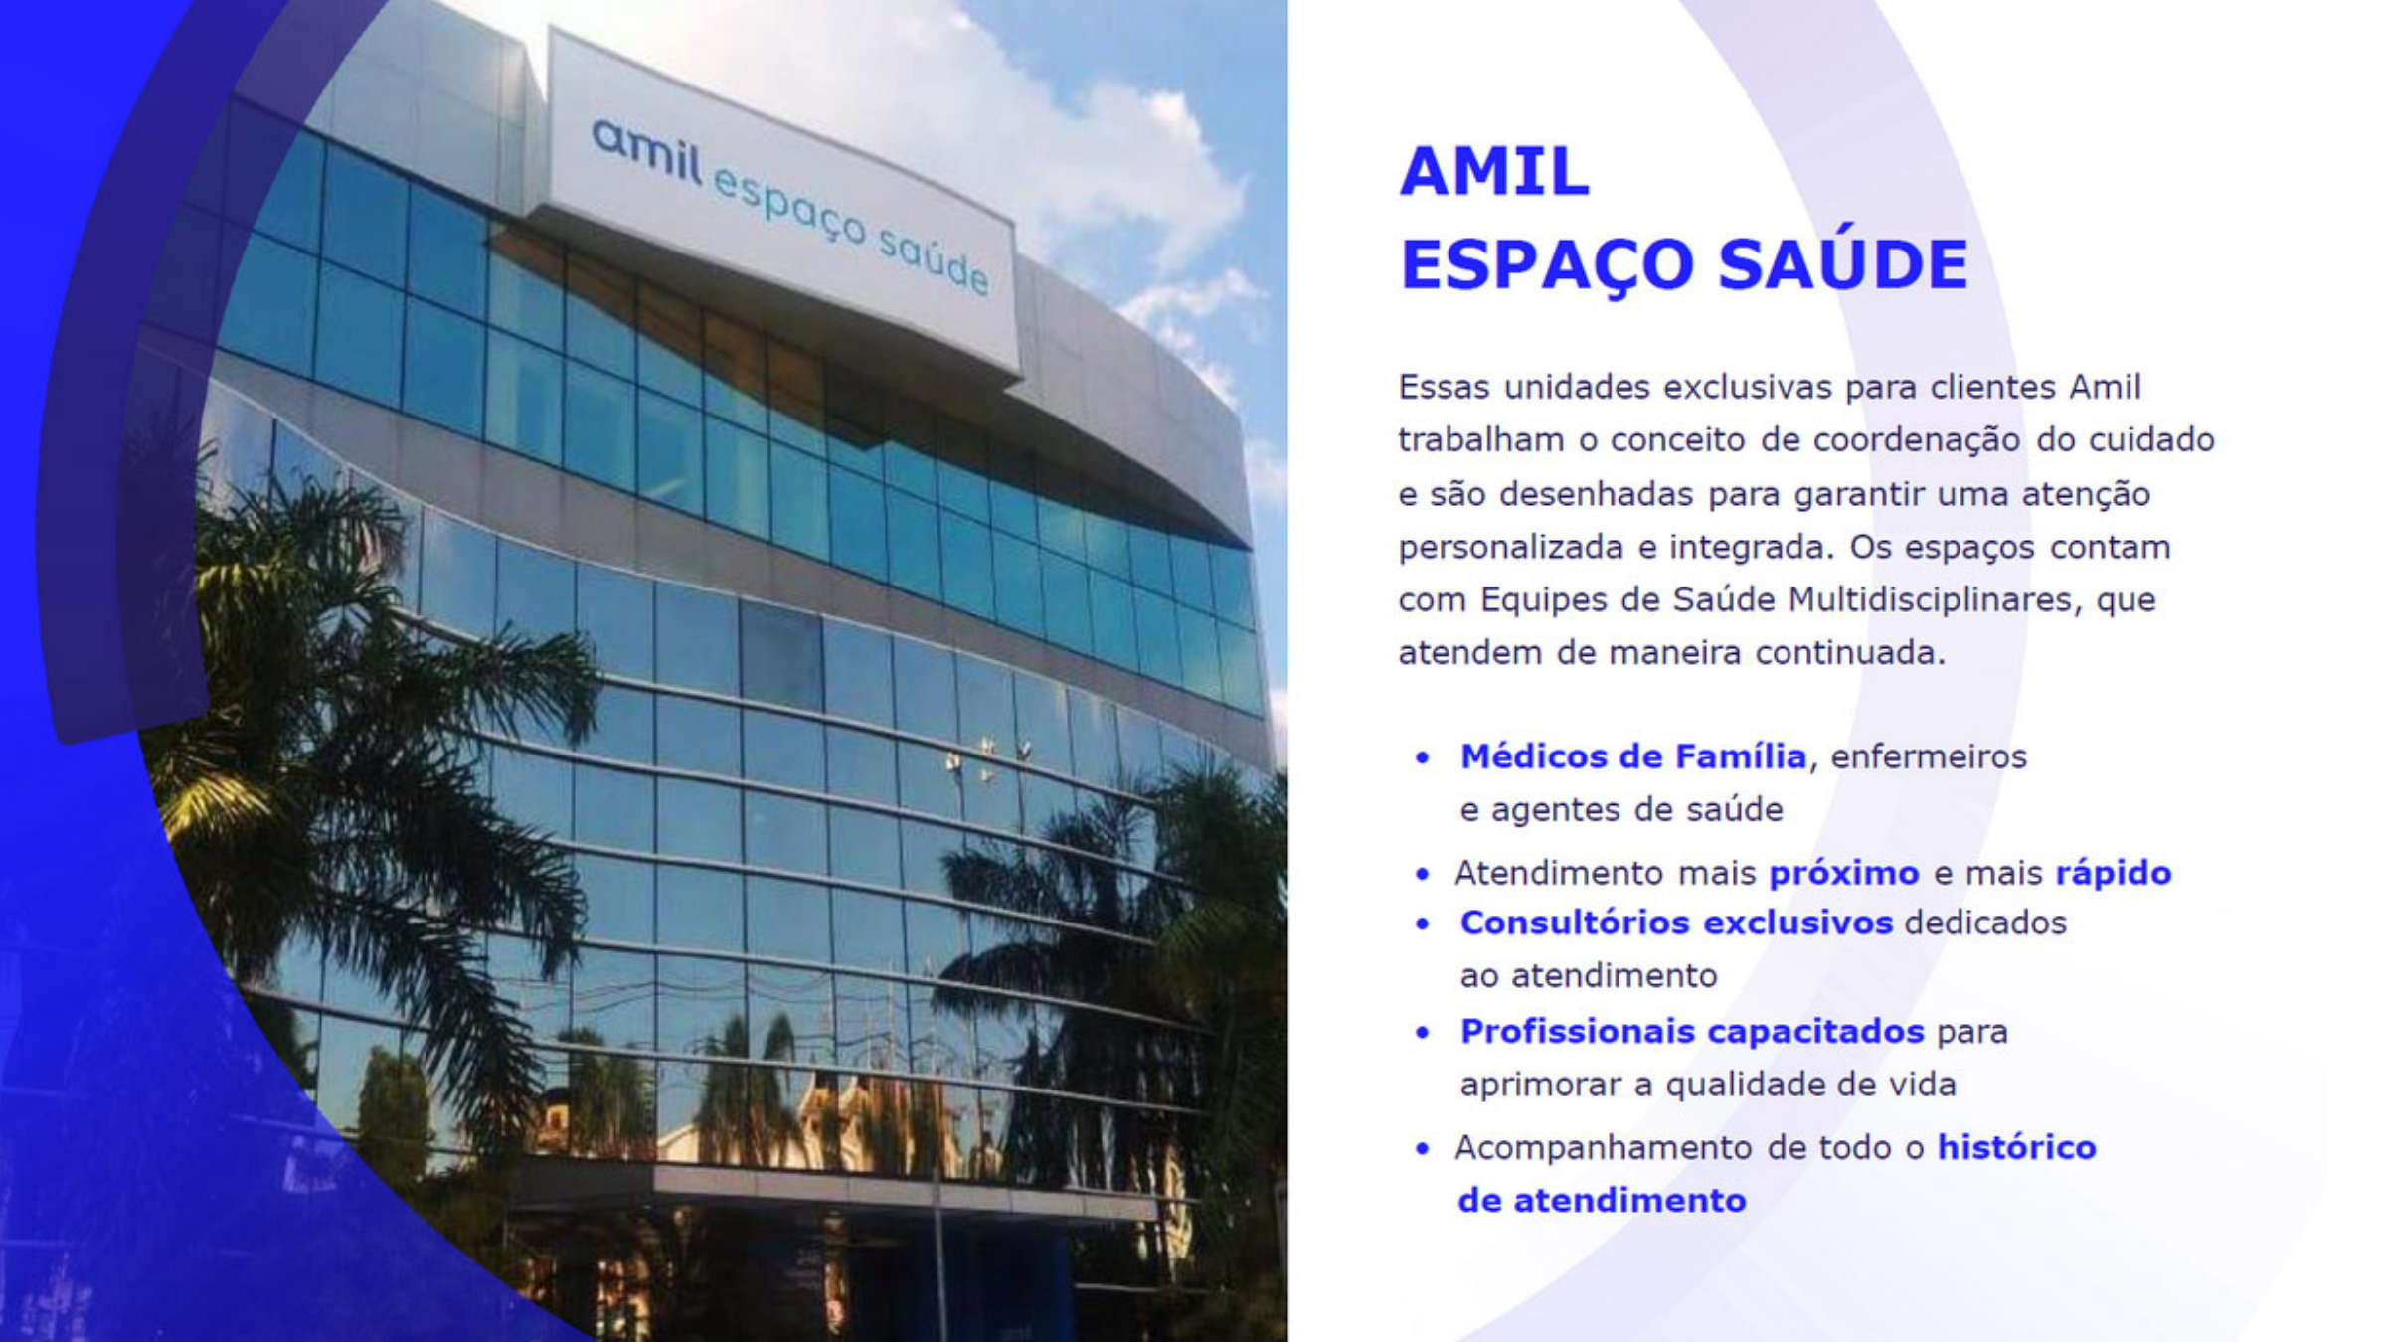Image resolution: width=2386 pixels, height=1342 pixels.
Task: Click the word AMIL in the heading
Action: [x=1494, y=172]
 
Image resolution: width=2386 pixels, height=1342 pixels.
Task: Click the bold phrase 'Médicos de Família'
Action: [x=1632, y=756]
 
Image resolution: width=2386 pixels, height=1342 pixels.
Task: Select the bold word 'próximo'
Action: [x=1844, y=874]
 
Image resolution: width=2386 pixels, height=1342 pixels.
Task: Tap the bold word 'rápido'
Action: [x=2113, y=874]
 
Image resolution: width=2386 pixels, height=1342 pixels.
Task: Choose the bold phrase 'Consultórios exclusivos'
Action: [x=1676, y=923]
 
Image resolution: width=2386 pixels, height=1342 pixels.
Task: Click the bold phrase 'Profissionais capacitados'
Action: [x=1692, y=1032]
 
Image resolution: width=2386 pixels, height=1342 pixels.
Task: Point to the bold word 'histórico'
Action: [x=2016, y=1147]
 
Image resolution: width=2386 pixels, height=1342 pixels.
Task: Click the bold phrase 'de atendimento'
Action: [x=1602, y=1201]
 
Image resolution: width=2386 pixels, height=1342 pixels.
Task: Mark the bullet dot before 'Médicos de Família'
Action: [x=1423, y=758]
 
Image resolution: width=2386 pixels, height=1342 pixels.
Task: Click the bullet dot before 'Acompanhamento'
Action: [x=1423, y=1149]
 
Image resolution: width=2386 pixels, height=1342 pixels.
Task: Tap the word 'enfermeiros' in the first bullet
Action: [x=1929, y=757]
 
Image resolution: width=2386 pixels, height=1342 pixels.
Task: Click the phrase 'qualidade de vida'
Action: [x=1810, y=1085]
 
